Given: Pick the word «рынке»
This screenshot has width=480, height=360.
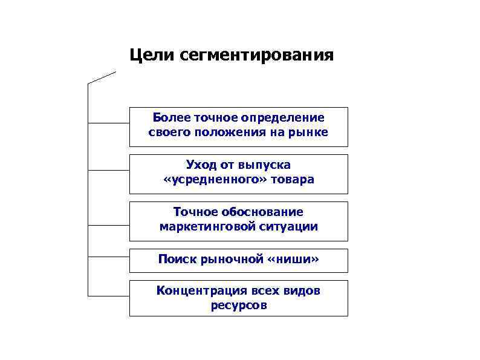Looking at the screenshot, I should click(x=310, y=132).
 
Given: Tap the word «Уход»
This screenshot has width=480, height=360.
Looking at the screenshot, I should click(x=202, y=165).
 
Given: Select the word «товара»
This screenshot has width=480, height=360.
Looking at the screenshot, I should click(x=293, y=180).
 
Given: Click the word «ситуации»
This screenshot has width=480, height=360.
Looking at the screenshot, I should click(x=291, y=227).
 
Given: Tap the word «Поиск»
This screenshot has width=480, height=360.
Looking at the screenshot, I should click(x=177, y=260).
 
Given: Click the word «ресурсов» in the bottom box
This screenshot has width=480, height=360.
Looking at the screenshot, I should click(x=239, y=306).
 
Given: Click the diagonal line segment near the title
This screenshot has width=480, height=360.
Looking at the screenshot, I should click(x=102, y=77).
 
